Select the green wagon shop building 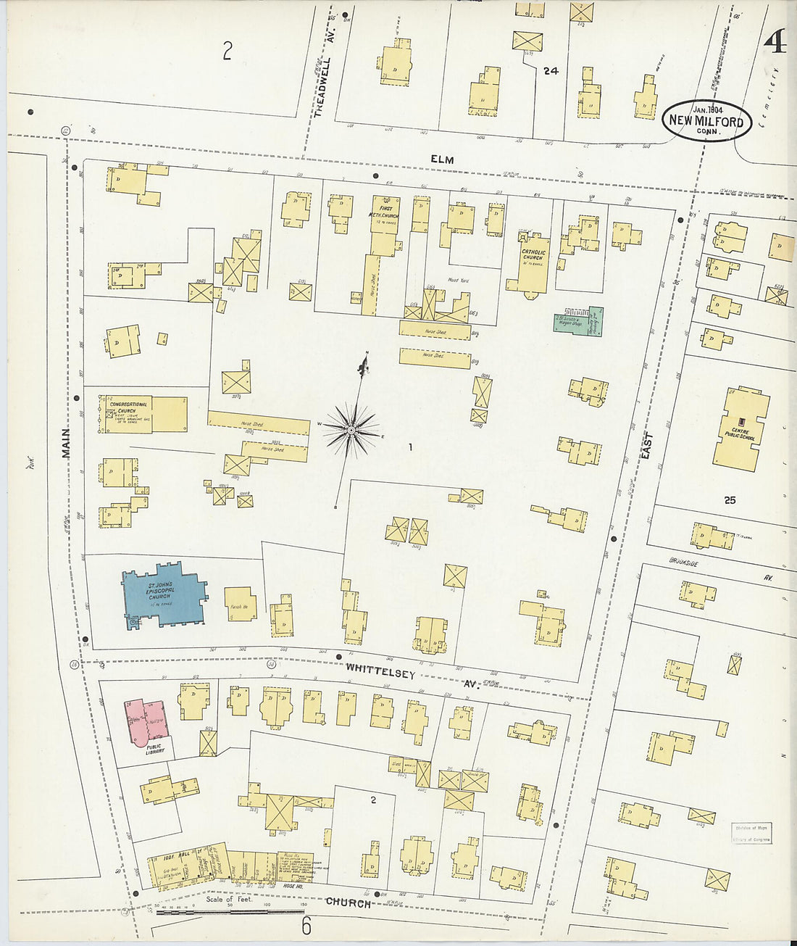(578, 320)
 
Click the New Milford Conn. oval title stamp (706, 120)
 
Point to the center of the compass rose (351, 431)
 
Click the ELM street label (441, 159)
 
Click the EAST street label (646, 445)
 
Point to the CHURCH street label (348, 903)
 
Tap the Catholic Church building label (533, 257)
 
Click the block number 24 (551, 71)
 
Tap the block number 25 (730, 500)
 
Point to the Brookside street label (683, 561)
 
